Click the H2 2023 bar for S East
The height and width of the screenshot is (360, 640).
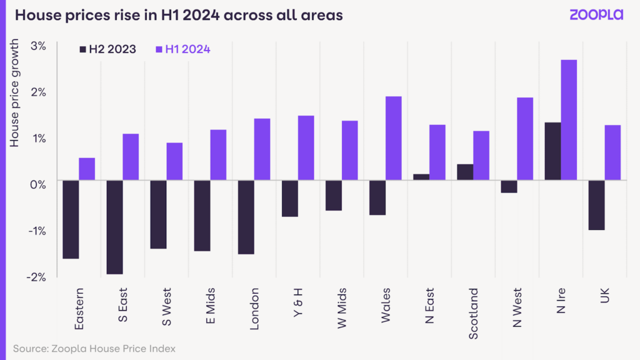coord(115,227)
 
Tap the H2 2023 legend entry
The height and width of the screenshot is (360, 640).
coord(107,49)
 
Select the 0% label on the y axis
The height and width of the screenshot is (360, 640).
coord(38,184)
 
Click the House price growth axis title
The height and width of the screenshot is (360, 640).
coord(14,94)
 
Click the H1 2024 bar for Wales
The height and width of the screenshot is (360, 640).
coord(394,139)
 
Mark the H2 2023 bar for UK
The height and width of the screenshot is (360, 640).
coord(596,205)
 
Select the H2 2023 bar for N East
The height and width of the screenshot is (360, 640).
coord(422,177)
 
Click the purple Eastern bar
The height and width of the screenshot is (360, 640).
coord(87,169)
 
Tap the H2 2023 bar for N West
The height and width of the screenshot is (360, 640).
coord(509,186)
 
